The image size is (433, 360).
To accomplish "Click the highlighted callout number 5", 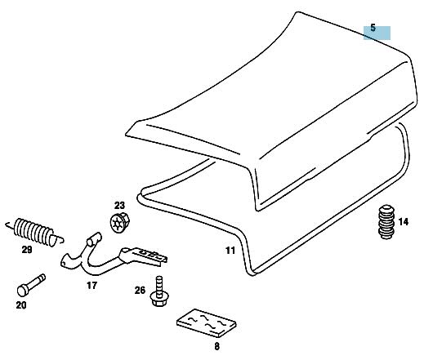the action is click(373, 28).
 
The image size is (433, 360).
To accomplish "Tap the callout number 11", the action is click(230, 251).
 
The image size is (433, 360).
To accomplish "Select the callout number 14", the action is click(403, 222).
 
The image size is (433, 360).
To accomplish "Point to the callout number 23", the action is click(119, 206).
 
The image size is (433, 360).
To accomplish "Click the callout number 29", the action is click(27, 250).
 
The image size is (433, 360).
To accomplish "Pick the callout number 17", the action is click(92, 286).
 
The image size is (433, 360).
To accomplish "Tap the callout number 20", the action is click(21, 305).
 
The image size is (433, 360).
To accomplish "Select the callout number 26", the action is click(140, 291).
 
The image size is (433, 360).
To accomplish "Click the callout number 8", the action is click(216, 346).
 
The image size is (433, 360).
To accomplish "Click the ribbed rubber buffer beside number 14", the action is click(386, 222).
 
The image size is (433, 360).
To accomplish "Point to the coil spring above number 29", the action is click(34, 232).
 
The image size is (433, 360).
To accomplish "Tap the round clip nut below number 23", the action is click(119, 222).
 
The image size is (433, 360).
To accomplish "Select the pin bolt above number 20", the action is click(31, 285).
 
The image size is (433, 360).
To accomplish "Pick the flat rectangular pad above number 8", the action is click(206, 323).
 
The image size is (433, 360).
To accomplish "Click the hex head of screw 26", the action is click(159, 299).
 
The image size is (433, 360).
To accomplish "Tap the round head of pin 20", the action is click(23, 291).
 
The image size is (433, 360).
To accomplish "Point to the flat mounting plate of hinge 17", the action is click(144, 256).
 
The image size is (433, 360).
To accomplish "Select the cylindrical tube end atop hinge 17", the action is click(95, 239).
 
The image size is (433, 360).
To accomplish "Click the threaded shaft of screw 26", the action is click(159, 284).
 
